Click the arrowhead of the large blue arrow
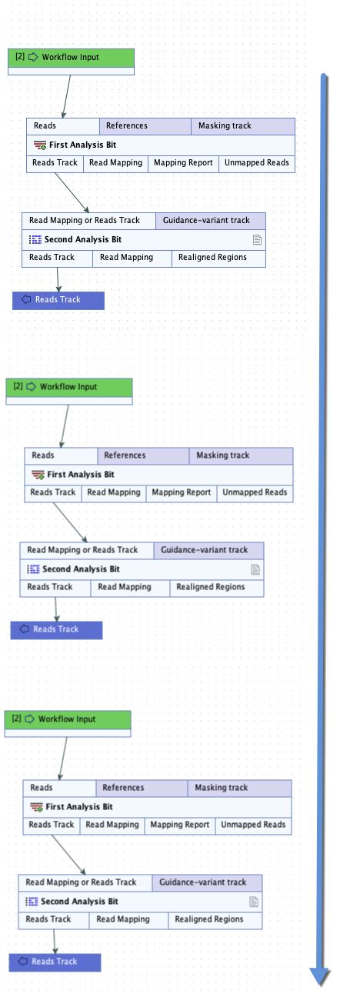tap(320, 975)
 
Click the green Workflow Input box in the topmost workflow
tap(71, 58)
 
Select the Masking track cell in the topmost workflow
tap(242, 126)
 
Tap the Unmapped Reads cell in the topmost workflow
tap(256, 163)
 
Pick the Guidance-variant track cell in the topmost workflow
tap(210, 221)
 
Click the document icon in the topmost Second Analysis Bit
tap(257, 240)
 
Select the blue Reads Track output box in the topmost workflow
tap(58, 300)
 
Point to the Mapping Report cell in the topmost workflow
tap(183, 163)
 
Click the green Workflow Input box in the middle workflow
tap(69, 387)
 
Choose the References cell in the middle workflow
tap(142, 455)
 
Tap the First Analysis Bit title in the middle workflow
tap(81, 475)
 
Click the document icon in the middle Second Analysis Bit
tap(255, 570)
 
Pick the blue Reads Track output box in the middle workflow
tap(56, 629)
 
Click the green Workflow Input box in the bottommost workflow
tap(68, 719)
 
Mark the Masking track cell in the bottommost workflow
tap(239, 788)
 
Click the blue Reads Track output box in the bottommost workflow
tap(55, 962)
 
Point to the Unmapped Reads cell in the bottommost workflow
tap(253, 825)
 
